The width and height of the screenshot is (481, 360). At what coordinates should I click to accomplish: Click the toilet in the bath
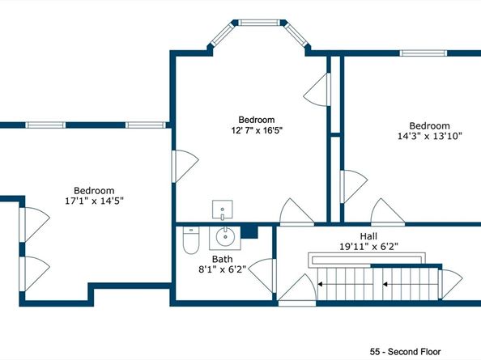(x=190, y=240)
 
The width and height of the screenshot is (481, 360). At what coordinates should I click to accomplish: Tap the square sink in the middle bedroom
(x=222, y=211)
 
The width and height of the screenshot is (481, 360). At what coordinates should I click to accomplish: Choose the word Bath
(x=222, y=259)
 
